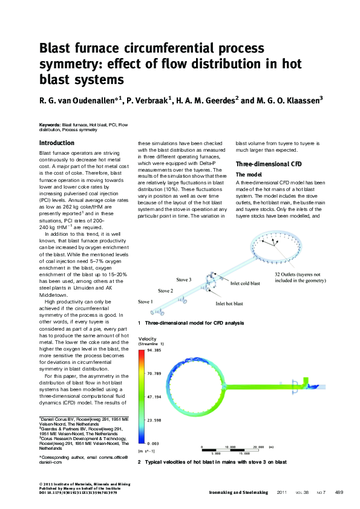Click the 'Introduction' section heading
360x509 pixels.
click(57, 143)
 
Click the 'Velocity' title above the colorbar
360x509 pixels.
click(148, 339)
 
